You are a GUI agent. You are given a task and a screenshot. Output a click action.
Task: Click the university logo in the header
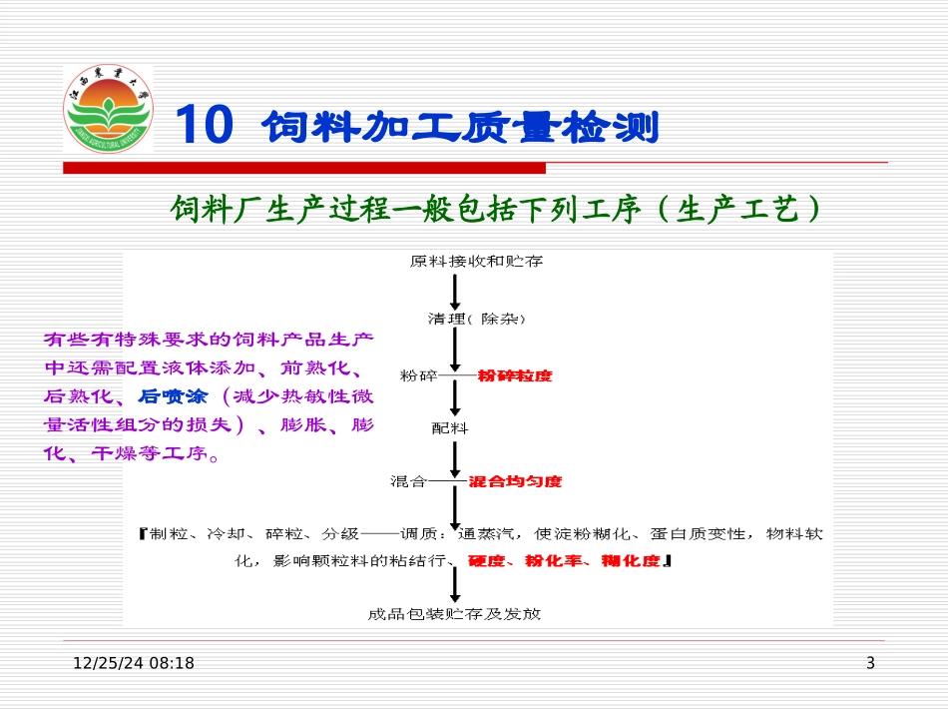tap(108, 110)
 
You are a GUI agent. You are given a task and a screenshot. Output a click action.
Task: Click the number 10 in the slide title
tap(205, 127)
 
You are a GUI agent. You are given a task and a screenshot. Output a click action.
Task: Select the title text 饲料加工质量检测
tap(461, 128)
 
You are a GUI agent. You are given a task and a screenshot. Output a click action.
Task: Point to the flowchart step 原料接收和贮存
tap(476, 262)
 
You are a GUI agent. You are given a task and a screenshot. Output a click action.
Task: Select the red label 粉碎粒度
tap(515, 375)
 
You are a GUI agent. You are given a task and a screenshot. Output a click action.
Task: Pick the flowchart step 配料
tap(449, 428)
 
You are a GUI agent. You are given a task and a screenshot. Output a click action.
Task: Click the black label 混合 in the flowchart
tap(409, 481)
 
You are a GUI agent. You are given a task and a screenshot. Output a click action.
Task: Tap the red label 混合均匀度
tap(515, 481)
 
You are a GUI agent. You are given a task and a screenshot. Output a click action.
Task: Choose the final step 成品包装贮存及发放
tap(454, 614)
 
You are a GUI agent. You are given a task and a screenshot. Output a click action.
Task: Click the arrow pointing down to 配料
tap(455, 399)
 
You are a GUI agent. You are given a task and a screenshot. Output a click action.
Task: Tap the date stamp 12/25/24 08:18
tap(134, 663)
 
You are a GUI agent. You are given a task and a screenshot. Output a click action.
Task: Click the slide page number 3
tap(870, 663)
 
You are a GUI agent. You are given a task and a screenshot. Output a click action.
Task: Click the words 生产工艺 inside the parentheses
tap(740, 209)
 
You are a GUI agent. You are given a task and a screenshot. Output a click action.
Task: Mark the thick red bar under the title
tap(304, 168)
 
